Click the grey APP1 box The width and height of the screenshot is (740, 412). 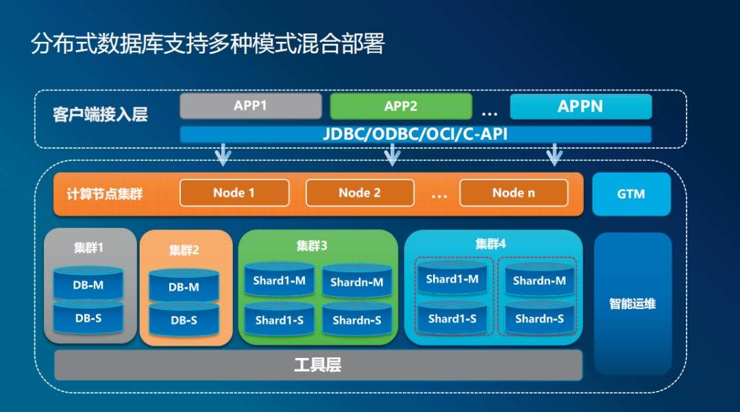click(250, 106)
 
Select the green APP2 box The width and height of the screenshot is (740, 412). click(401, 106)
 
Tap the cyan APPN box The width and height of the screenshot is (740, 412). click(580, 106)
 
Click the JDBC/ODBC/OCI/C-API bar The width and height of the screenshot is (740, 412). click(415, 134)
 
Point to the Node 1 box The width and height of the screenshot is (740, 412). click(234, 193)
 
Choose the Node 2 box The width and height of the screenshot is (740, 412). click(360, 193)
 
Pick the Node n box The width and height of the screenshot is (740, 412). click(513, 193)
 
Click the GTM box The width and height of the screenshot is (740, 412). click(631, 194)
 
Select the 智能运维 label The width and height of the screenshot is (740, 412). click(632, 303)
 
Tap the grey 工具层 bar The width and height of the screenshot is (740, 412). click(318, 365)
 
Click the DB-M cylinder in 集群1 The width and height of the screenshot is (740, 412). click(88, 284)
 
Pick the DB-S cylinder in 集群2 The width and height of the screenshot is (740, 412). click(184, 319)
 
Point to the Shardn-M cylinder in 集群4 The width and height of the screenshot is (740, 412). click(539, 280)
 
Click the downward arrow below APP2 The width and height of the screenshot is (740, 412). click(392, 156)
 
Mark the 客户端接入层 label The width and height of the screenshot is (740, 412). click(100, 114)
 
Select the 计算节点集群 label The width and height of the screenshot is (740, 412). click(109, 194)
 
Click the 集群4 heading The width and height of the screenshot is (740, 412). click(491, 243)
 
